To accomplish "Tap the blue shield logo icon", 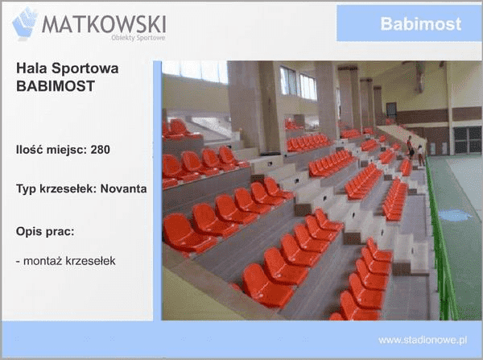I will click(x=25, y=23).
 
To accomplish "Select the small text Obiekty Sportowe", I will click(x=138, y=37).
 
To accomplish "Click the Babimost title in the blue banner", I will click(x=420, y=24).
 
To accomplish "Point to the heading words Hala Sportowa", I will click(x=67, y=68).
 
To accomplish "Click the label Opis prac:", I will click(x=45, y=231).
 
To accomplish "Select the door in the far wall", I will click(x=466, y=139).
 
